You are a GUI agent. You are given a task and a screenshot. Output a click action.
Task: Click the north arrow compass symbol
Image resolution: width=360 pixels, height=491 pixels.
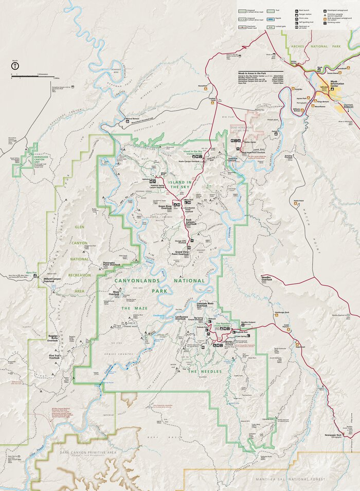[15, 66]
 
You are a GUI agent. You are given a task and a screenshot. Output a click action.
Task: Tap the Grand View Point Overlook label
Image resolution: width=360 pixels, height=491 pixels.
[179, 253]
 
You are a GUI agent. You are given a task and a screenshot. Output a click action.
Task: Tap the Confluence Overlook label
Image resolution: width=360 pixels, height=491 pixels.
[182, 318]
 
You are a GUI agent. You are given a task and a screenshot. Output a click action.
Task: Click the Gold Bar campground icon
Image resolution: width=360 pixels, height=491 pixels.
[290, 89]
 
